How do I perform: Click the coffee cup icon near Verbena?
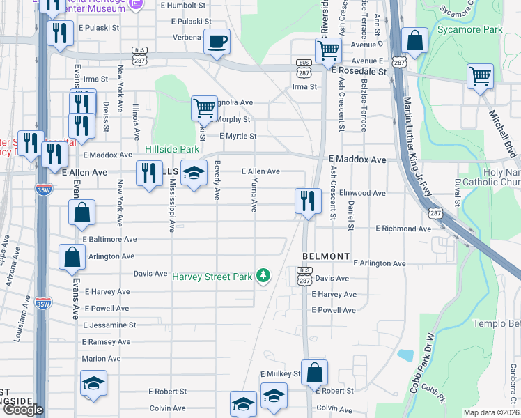(x=217, y=41)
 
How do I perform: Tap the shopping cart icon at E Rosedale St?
(x=328, y=50)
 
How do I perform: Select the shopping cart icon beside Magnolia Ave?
(x=204, y=108)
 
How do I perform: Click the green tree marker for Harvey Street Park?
(x=263, y=277)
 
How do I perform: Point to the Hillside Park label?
(x=172, y=149)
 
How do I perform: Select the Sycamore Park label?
(x=460, y=30)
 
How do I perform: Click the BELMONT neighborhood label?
(x=325, y=256)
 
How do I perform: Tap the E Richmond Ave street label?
(x=404, y=229)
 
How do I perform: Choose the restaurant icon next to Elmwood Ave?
(x=307, y=201)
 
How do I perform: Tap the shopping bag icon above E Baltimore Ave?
(x=82, y=214)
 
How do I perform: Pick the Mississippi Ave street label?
(x=170, y=202)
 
